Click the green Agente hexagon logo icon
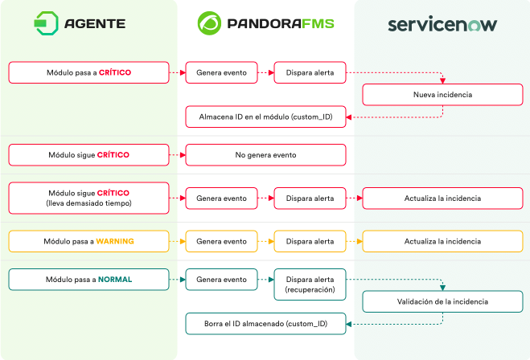47,23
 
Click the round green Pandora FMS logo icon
209,23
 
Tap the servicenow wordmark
442,24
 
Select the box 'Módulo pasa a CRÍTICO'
89,72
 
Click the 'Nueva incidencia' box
442,95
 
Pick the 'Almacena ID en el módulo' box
265,117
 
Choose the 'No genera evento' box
265,155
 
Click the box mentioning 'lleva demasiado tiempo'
89,198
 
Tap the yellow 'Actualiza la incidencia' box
442,241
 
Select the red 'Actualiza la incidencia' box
442,198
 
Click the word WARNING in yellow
115,241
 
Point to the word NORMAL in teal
115,280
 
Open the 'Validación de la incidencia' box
442,301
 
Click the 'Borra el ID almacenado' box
265,324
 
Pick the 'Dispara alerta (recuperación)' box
310,284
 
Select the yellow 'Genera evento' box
221,241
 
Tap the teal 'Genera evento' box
221,280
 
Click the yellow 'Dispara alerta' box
310,241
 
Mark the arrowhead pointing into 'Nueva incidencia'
443,81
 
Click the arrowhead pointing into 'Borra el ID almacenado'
349,324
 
